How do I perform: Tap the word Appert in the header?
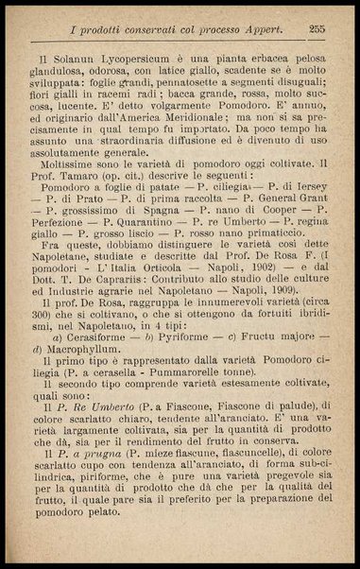pos(262,29)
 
